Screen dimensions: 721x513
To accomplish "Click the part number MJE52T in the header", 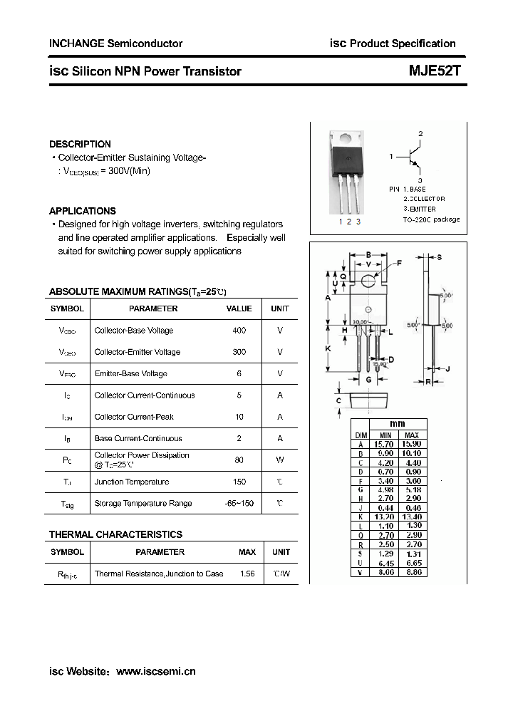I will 433,71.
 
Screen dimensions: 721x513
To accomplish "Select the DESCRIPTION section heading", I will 80,144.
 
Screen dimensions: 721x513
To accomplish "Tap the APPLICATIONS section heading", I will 82,211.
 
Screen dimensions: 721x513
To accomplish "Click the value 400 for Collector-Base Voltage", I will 239,331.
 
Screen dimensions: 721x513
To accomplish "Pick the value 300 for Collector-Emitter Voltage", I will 239,352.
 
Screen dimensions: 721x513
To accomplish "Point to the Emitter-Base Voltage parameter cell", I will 130,373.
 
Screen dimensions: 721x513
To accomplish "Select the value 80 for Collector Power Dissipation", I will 239,460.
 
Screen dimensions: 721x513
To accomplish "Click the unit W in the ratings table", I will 280,460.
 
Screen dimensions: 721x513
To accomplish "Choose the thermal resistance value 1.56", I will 247,574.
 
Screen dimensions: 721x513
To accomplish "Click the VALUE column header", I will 239,308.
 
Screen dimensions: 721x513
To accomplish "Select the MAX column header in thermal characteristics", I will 247,552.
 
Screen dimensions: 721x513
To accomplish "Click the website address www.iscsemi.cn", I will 155,671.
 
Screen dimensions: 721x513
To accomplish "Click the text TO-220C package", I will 431,219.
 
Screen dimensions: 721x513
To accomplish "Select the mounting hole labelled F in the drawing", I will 368,280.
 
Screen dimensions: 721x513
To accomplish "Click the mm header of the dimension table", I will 397,424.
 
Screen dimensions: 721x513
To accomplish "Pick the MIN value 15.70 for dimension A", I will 385,444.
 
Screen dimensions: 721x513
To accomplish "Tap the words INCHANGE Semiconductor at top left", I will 115,43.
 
